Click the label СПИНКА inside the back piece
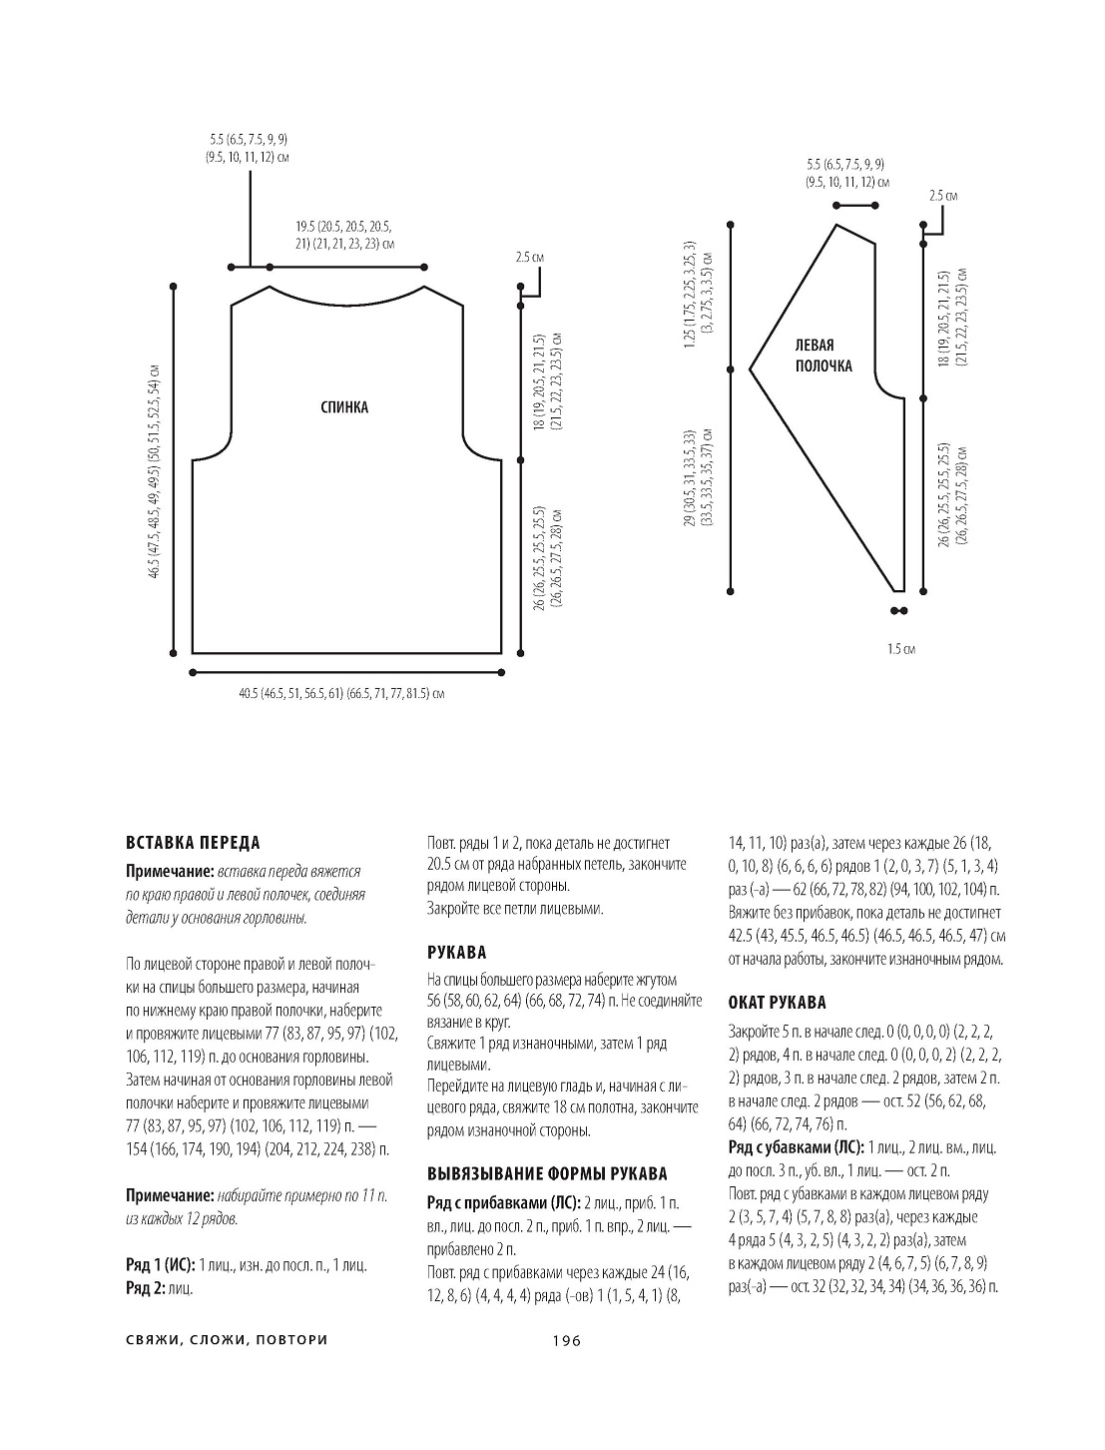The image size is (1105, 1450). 344,407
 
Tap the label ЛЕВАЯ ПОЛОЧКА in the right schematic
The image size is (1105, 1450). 824,355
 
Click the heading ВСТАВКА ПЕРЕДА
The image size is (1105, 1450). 193,843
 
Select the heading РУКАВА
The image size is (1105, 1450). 456,953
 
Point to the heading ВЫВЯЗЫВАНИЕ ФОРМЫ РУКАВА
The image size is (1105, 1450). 547,1173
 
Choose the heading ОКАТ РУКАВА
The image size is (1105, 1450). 778,1003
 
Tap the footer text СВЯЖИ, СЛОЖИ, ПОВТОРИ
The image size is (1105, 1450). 227,1340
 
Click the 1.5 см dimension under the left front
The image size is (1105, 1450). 900,649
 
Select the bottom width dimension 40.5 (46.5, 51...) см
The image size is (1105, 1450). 341,692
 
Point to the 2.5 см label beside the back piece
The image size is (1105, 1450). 529,258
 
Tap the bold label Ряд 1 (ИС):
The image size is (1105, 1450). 161,1265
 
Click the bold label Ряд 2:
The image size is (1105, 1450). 146,1288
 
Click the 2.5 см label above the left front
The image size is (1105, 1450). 942,196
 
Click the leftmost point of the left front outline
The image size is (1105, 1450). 750,369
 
